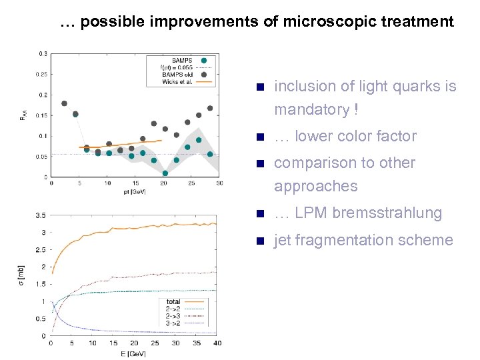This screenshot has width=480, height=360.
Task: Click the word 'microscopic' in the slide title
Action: [323, 21]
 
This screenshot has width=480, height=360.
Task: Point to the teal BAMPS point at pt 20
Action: [165, 173]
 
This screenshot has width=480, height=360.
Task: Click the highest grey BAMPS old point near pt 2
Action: [64, 103]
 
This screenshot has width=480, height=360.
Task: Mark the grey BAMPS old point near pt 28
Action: [210, 108]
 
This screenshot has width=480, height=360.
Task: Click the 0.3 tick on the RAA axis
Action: [43, 53]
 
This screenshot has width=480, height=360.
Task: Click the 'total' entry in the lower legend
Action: [173, 302]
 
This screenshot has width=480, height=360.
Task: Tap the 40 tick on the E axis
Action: [217, 343]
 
